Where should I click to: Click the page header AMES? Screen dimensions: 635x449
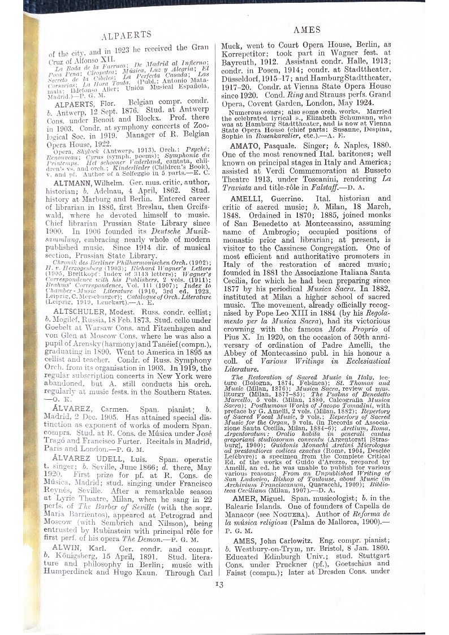pos(308,30)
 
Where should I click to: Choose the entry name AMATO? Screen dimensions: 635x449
pos(249,143)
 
